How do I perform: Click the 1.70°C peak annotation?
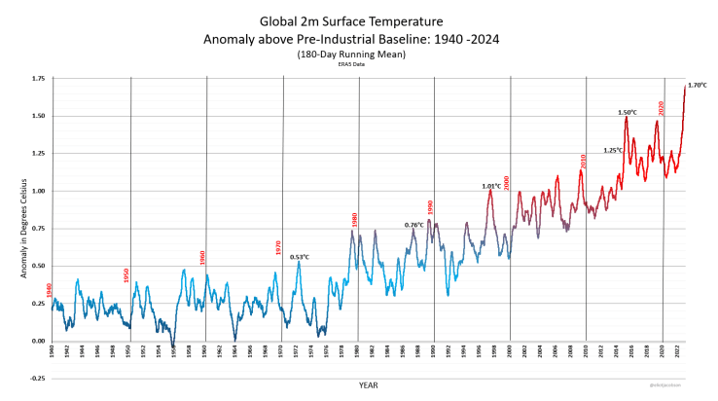click(x=697, y=86)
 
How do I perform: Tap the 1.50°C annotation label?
click(x=628, y=113)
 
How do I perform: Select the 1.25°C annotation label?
click(x=613, y=150)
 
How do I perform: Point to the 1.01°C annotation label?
click(x=491, y=186)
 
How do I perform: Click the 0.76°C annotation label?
click(x=413, y=225)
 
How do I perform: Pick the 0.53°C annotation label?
click(x=300, y=257)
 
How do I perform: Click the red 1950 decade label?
click(x=126, y=275)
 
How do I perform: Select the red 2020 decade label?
click(x=661, y=108)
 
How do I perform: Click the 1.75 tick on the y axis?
click(x=38, y=78)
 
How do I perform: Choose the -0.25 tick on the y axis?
click(x=37, y=380)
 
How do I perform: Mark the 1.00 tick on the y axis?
click(x=38, y=191)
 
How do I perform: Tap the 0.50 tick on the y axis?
click(x=38, y=266)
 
